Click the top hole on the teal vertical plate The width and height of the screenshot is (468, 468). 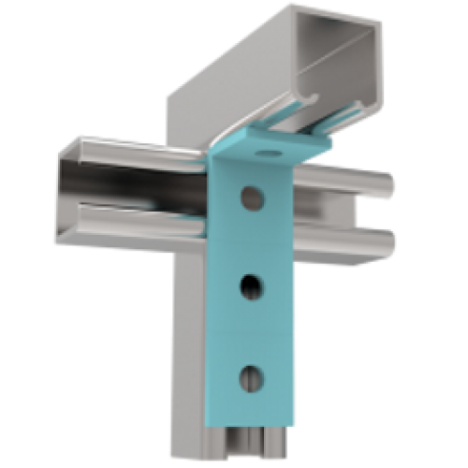coord(251,197)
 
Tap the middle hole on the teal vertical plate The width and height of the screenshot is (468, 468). coord(251,286)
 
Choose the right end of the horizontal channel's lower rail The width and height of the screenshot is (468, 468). coord(387,242)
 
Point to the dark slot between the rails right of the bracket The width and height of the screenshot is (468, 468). coord(346,213)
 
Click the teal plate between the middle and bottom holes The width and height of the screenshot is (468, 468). coord(251,332)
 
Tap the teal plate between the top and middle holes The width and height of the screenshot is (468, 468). coord(251,241)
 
